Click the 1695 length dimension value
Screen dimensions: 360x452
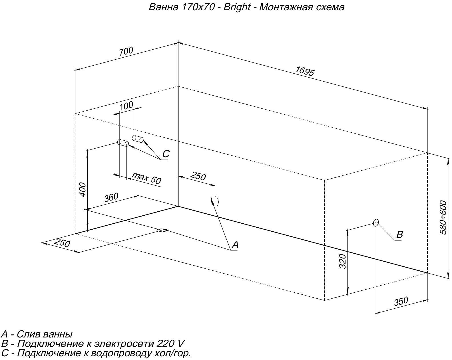tap(305, 71)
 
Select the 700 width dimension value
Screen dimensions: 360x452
tap(126, 51)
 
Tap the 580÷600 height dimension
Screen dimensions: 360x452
tap(443, 218)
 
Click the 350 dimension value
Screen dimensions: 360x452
tap(401, 301)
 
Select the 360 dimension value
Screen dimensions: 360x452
tap(111, 197)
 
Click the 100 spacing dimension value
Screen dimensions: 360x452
tap(126, 106)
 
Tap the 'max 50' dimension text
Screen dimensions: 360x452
tap(146, 178)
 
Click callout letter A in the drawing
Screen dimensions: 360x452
tap(235, 244)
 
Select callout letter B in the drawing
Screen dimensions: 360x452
tap(400, 234)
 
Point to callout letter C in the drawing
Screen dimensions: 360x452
tap(166, 154)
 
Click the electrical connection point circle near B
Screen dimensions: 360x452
tap(376, 223)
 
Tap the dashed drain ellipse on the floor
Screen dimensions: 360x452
tap(162, 230)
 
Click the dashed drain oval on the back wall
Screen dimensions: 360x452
tap(215, 201)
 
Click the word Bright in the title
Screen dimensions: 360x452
tap(237, 7)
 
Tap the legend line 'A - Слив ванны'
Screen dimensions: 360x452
tap(37, 334)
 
